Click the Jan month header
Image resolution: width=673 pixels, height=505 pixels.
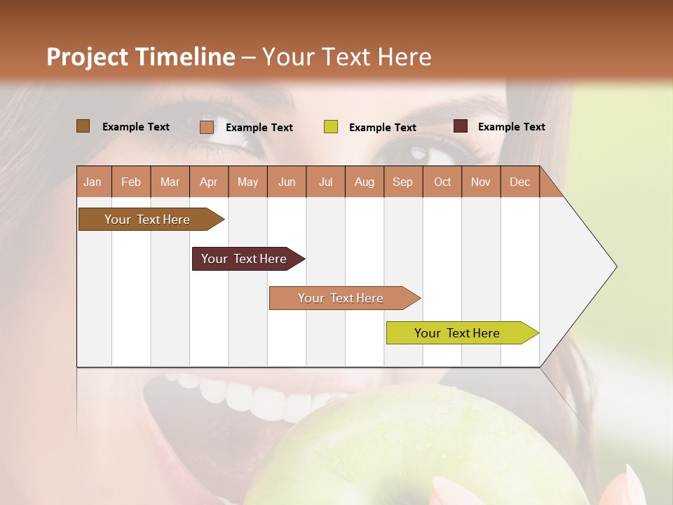tap(93, 182)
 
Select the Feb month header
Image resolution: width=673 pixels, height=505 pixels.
tap(131, 182)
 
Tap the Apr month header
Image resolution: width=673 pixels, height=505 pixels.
tap(208, 182)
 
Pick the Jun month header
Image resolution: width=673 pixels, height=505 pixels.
tap(287, 182)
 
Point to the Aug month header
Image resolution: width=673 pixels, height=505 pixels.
tap(364, 182)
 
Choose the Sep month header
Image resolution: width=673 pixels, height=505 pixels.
tap(402, 182)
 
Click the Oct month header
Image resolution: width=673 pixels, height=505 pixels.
tap(442, 182)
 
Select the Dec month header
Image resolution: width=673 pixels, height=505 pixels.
tap(519, 182)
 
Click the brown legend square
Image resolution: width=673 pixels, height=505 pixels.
tap(83, 126)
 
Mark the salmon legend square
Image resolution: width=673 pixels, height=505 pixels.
tap(206, 127)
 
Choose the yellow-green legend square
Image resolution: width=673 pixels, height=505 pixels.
tap(330, 127)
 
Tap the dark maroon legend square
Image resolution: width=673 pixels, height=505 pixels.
tap(460, 126)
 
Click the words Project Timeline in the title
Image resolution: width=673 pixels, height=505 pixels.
tap(140, 57)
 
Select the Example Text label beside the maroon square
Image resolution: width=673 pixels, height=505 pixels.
tap(511, 126)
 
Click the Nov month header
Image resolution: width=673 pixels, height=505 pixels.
tap(481, 182)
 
